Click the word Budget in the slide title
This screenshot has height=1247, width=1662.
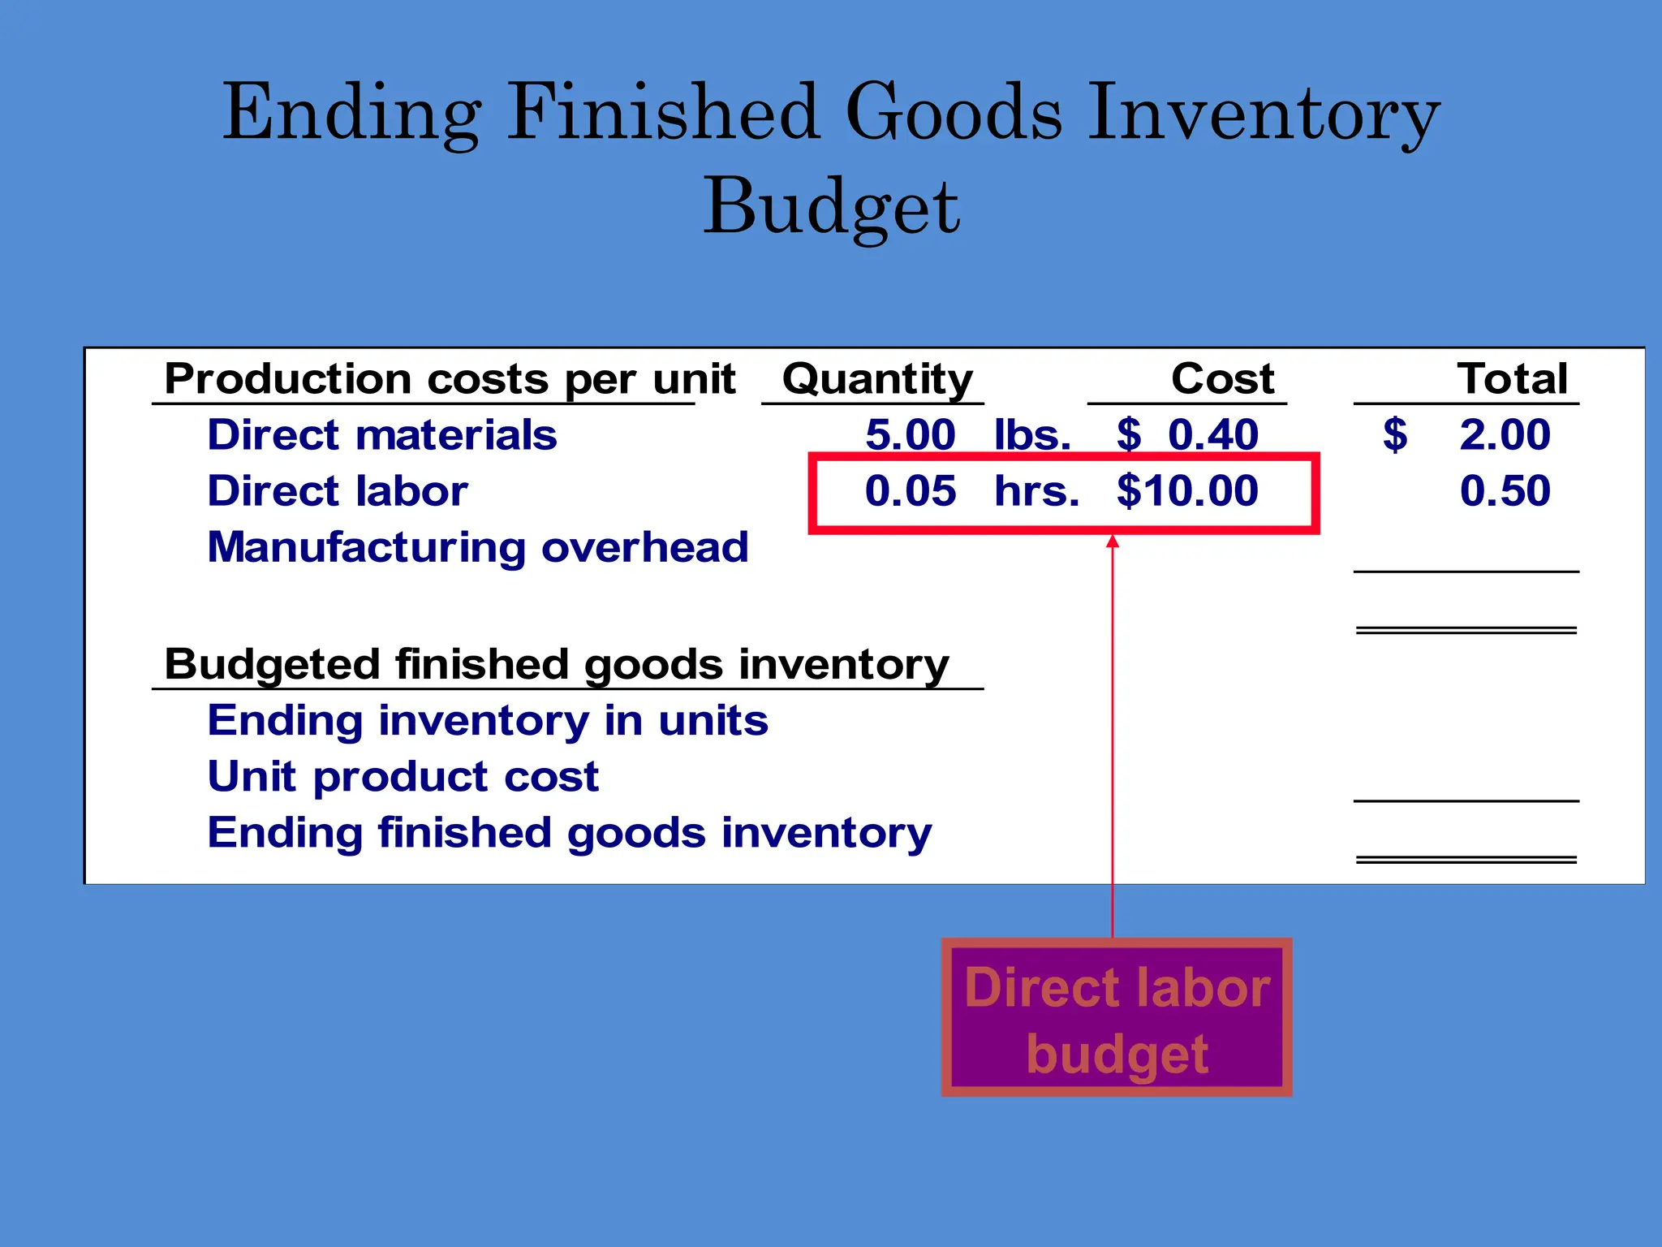831,208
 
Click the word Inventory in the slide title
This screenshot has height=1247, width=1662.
1263,114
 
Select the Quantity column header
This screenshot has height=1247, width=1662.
877,380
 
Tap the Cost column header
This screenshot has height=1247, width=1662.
1222,378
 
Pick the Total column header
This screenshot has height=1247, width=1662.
1512,378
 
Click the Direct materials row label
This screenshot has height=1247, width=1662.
382,435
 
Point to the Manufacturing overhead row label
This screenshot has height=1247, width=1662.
478,547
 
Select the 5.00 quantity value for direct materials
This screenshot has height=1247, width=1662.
911,435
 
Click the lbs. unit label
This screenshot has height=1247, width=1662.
1032,435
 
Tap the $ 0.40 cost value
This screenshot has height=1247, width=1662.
1187,435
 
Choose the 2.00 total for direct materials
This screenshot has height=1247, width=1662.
1505,435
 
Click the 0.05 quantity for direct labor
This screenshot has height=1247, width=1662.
911,491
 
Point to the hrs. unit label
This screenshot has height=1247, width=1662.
1037,491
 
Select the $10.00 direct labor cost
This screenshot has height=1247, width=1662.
1187,491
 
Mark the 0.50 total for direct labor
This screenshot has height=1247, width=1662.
1505,491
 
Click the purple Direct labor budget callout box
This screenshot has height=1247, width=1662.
1117,1018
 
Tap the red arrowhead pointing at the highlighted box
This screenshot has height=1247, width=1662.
1113,541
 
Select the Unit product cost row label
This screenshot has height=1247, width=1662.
403,777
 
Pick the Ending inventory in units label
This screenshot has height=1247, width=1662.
488,721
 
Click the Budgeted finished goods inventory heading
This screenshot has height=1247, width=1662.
557,665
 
